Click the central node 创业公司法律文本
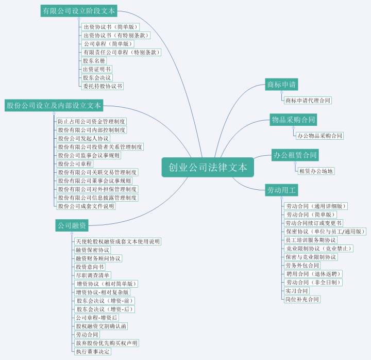[208, 167]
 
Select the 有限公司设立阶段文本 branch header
[79, 11]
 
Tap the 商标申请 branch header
[281, 84]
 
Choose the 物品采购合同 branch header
[293, 120]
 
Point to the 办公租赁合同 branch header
[295, 155]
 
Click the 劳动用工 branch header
[281, 190]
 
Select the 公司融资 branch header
[72, 225]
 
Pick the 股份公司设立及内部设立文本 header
[54, 105]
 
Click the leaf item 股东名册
[94, 61]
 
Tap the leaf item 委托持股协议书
[103, 86]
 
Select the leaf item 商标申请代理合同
[308, 101]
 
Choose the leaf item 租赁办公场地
[316, 171]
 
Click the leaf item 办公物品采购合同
[319, 136]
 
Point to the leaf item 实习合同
[297, 291]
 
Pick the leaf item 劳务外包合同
[302, 266]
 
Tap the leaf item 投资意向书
[90, 267]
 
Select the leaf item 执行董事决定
[93, 351]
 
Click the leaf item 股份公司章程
[75, 164]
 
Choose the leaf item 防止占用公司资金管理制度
[92, 122]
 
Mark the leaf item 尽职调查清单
[93, 275]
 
